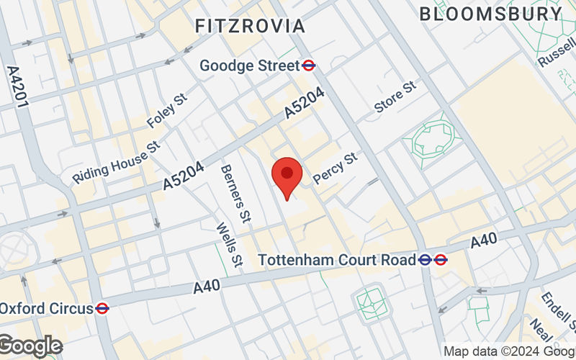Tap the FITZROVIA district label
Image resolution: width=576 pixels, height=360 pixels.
tap(251, 26)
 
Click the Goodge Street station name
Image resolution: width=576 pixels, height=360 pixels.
tap(249, 66)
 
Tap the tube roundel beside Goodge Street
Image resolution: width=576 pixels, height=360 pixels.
tap(309, 66)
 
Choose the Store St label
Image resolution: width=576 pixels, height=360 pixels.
tap(395, 97)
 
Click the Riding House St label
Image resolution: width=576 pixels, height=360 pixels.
tap(115, 163)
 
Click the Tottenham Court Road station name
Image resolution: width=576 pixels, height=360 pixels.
tap(337, 259)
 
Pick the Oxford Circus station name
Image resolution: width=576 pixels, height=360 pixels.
tap(47, 308)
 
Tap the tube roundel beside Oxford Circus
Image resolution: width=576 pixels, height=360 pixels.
tap(102, 308)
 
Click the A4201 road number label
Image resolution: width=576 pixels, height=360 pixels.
tap(17, 87)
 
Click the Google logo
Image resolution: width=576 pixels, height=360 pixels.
tap(30, 346)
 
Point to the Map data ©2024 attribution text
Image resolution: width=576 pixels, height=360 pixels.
tap(508, 351)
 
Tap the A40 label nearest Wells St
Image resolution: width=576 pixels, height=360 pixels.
tap(207, 287)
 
